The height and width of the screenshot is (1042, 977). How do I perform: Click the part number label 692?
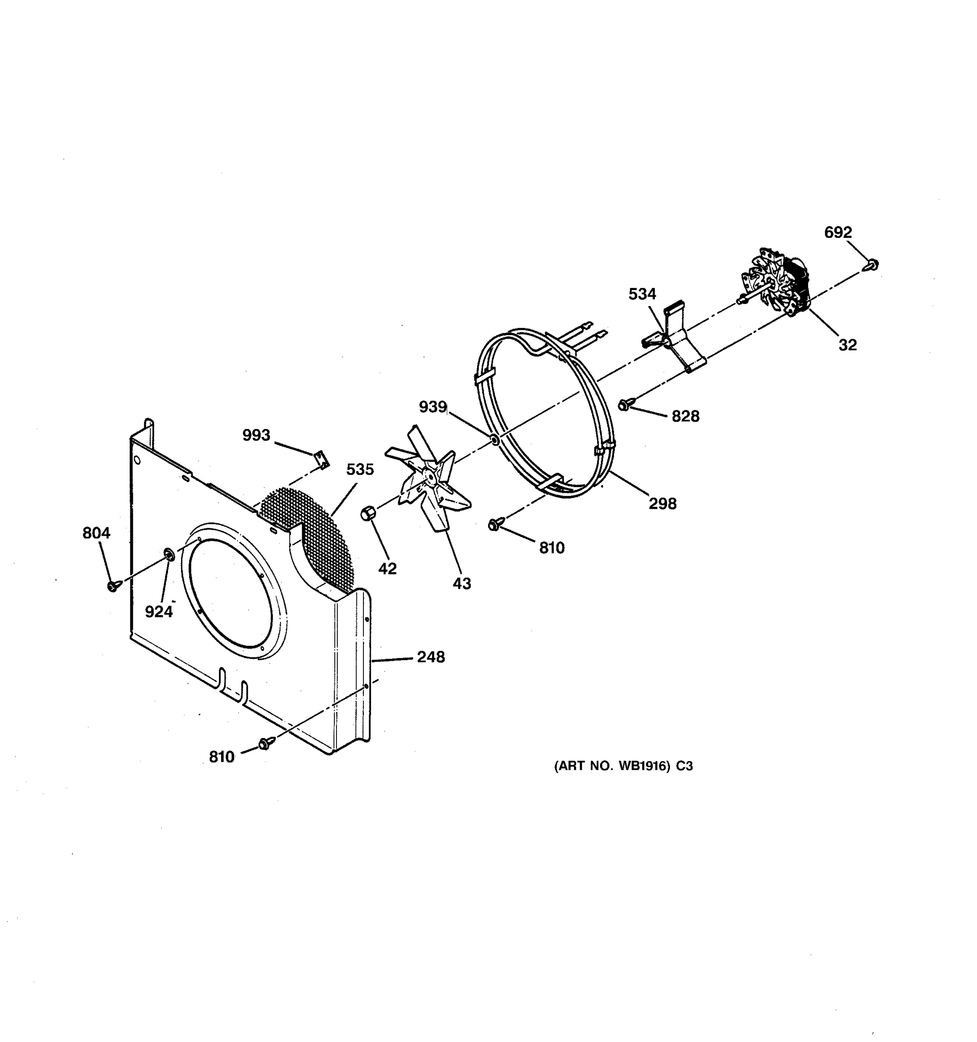tap(838, 232)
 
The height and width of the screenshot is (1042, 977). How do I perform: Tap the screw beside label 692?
tap(871, 265)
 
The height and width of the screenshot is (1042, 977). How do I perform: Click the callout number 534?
tap(642, 294)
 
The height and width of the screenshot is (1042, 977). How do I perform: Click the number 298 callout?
tap(663, 504)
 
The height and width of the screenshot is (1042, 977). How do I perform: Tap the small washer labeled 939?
tap(494, 438)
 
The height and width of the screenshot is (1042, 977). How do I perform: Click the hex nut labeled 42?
tap(369, 513)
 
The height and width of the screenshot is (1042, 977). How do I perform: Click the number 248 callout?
tap(431, 657)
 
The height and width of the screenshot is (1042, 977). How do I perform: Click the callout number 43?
tap(462, 584)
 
